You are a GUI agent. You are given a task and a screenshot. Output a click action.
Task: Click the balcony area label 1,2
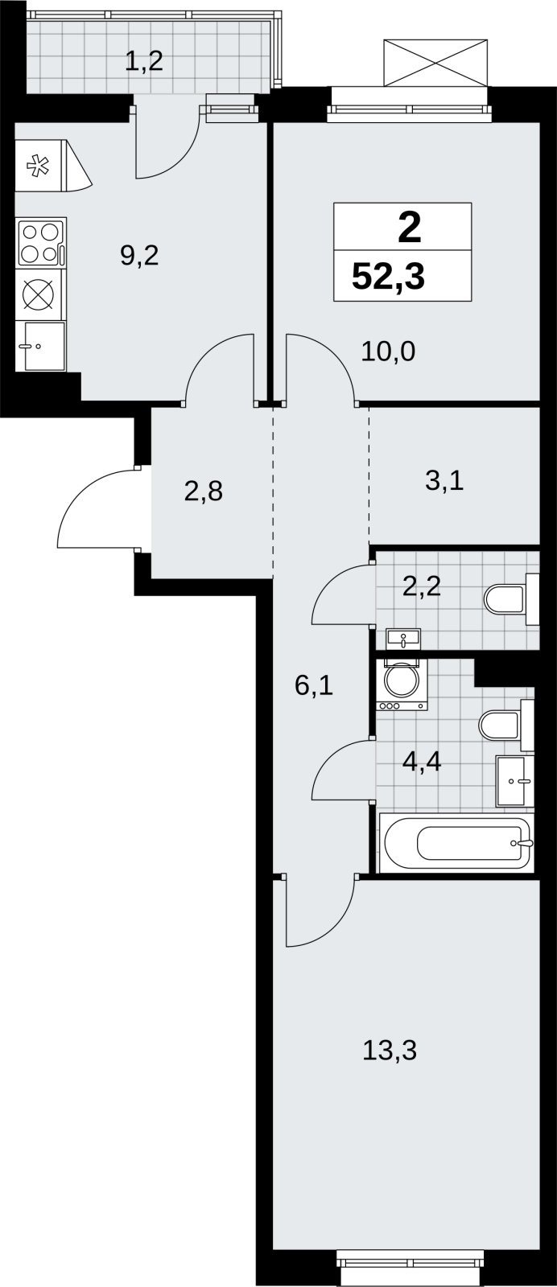[x=144, y=60]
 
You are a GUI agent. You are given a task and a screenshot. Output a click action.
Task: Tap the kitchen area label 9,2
[x=139, y=256]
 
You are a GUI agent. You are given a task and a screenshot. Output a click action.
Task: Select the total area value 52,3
[x=388, y=277]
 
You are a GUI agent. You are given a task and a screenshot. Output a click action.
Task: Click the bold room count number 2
[x=409, y=228]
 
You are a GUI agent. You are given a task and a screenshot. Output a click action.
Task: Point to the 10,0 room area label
[x=388, y=351]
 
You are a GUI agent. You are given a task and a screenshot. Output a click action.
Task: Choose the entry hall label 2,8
[x=204, y=491]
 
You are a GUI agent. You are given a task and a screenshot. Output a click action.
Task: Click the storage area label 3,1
[x=444, y=480]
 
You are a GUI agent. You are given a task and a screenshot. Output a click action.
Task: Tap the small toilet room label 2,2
[x=421, y=586]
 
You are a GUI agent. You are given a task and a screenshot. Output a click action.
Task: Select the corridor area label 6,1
[x=314, y=685]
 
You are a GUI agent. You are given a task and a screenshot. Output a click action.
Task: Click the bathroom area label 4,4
[x=421, y=762]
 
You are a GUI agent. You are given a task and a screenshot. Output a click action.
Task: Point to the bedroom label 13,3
[x=389, y=1051]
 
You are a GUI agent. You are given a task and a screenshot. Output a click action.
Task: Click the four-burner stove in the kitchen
[x=42, y=241]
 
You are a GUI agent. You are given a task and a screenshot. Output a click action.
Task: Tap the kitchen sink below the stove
[x=44, y=346]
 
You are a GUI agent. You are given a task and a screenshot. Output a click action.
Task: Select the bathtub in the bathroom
[x=455, y=843]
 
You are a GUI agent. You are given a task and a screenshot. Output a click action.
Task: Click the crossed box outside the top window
[x=435, y=64]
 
